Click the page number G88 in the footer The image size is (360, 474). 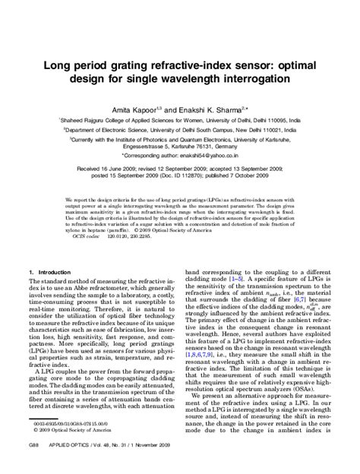point(34,462)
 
